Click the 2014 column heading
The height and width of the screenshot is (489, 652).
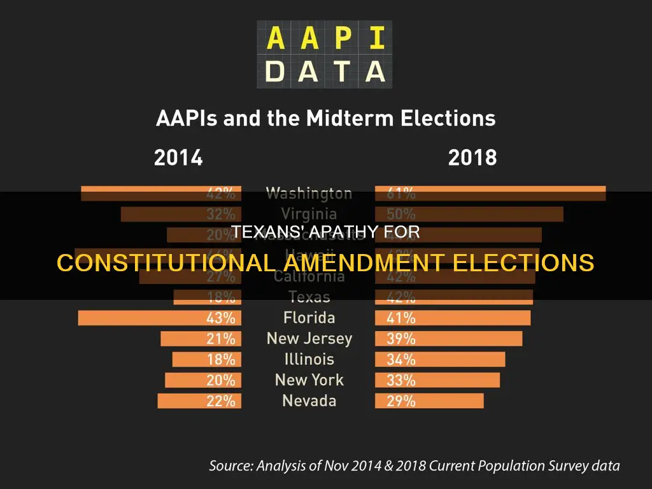click(178, 157)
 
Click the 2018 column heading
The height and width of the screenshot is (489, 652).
click(472, 157)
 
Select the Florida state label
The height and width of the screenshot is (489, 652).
click(309, 317)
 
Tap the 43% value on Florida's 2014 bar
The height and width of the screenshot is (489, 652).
click(221, 318)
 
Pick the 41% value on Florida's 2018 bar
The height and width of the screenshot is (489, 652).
click(401, 318)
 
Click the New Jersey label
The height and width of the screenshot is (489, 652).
click(309, 338)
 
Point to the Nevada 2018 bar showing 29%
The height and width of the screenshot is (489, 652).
click(429, 401)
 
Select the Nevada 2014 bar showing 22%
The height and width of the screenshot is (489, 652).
click(199, 401)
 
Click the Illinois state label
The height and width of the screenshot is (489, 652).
click(309, 359)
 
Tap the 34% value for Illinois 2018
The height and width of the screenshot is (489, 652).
click(401, 360)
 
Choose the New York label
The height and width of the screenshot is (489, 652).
click(309, 380)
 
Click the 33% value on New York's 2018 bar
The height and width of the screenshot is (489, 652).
click(401, 381)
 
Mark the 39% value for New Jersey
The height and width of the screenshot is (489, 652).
click(401, 339)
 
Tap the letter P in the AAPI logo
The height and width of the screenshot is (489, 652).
click(342, 38)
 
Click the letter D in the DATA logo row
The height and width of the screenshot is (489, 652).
click(274, 70)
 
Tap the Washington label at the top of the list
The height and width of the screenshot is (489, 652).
click(309, 192)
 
